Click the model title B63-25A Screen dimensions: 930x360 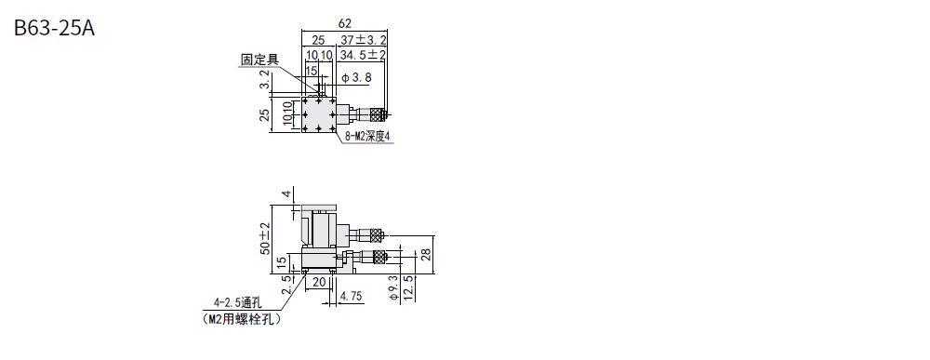(54, 28)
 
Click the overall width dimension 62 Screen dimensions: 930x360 (345, 23)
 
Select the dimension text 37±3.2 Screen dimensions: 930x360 (364, 40)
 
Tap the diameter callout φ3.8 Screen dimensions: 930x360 (357, 77)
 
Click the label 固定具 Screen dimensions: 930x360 (259, 60)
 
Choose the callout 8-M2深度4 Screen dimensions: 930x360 (368, 137)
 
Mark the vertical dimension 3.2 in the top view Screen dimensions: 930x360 (264, 80)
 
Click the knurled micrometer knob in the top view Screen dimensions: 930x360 (378, 113)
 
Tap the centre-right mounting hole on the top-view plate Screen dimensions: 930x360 (333, 114)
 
